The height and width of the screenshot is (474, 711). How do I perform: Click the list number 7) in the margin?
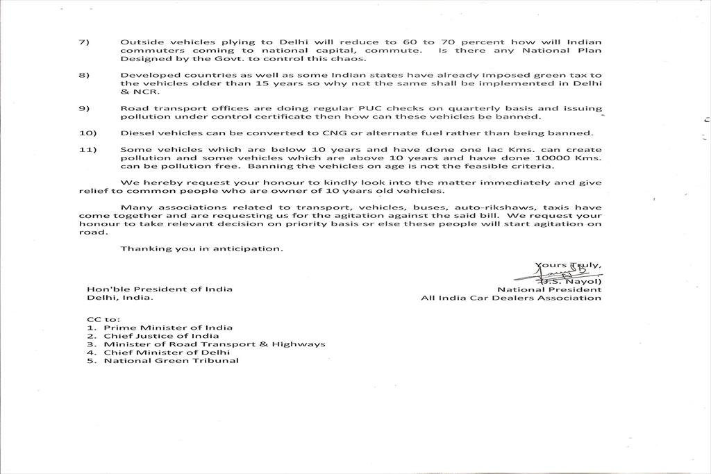click(x=83, y=42)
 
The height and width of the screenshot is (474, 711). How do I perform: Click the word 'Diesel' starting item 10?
click(x=135, y=133)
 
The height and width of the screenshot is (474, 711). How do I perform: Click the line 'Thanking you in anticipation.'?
click(x=202, y=248)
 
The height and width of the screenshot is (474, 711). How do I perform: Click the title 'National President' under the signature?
click(x=549, y=289)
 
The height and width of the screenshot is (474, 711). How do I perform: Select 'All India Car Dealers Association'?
click(x=511, y=298)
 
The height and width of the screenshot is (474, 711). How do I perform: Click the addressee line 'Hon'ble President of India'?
click(x=160, y=289)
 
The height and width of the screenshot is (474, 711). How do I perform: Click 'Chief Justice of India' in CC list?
click(x=161, y=336)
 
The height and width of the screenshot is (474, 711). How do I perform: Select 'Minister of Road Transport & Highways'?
click(x=215, y=344)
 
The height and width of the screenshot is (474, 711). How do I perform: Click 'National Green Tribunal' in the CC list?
click(x=171, y=361)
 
